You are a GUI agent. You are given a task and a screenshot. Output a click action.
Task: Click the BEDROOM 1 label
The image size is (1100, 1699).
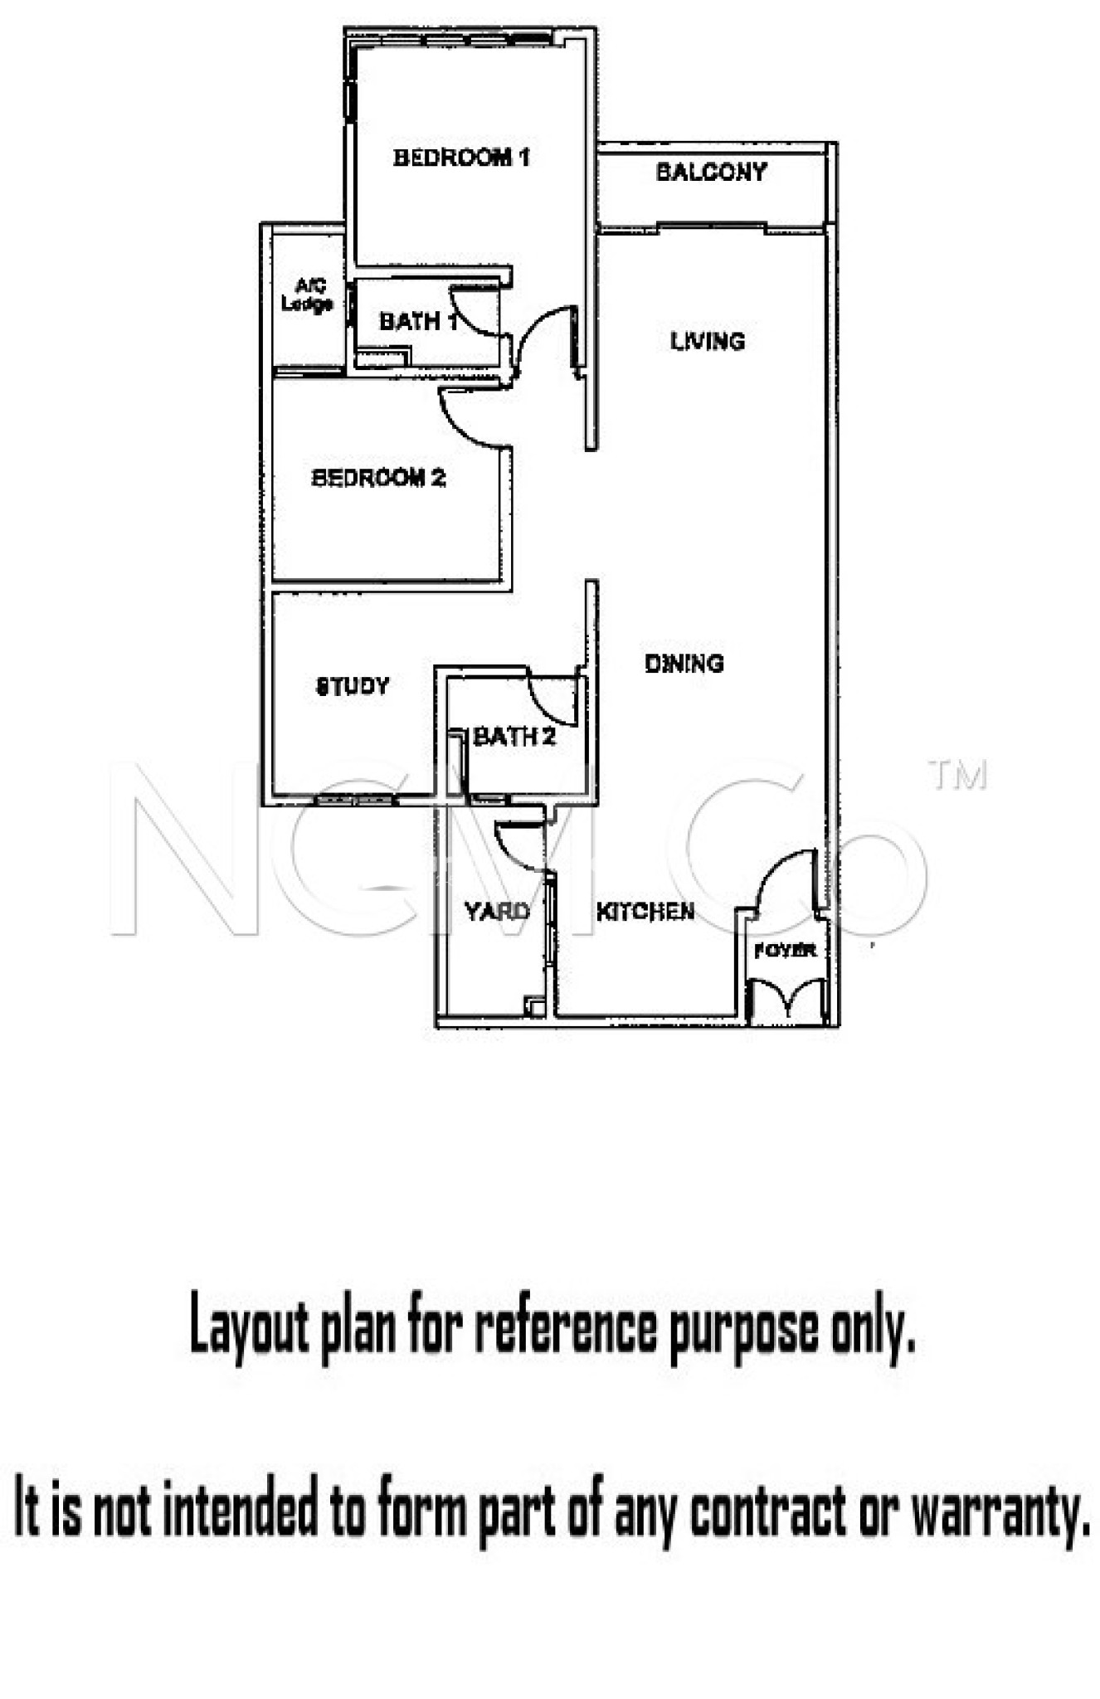pos(461,157)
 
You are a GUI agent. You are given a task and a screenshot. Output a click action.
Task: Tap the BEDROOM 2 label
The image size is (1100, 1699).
pos(378,478)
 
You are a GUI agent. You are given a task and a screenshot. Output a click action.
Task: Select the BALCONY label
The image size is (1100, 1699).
pos(711,172)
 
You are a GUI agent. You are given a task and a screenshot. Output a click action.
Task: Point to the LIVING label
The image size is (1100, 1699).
pos(708,341)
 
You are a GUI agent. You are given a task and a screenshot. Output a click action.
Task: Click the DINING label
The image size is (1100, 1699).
pos(684,663)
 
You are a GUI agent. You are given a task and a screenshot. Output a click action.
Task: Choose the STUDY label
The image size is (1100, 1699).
pos(353,686)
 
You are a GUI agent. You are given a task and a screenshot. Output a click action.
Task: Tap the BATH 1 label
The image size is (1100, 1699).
pos(418,321)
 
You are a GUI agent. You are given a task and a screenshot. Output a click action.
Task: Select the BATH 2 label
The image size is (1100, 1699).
pos(514,736)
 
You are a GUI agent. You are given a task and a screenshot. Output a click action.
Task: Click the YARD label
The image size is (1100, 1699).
pos(497,912)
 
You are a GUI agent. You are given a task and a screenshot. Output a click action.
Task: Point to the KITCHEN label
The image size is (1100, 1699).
pos(645,912)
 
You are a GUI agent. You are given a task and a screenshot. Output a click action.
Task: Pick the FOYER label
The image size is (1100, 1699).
pos(785,951)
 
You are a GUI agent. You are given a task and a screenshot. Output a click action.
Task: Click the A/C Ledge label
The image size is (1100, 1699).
pos(307,295)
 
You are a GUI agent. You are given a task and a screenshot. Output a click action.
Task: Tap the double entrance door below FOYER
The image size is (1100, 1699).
pos(787,1000)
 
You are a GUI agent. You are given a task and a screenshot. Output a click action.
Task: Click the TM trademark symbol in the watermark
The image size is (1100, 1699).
pos(958,775)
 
